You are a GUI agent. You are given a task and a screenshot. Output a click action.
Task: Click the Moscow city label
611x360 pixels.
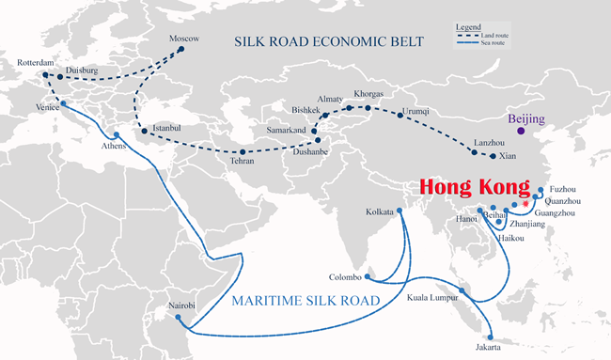pos(184,39)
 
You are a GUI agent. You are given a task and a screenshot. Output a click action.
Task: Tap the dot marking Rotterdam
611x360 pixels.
pos(43,72)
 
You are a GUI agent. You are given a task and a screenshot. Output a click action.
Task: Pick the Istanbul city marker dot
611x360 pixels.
pos(144,130)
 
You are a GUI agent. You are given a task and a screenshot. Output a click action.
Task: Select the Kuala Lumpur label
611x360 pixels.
pos(432,298)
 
